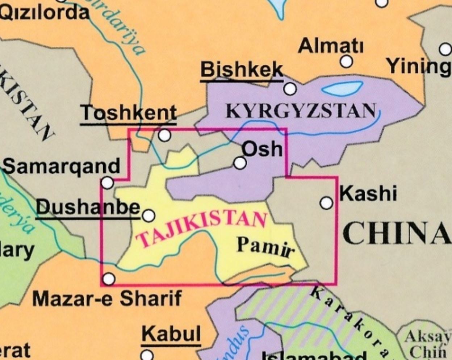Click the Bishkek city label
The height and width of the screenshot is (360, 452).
pyautogui.click(x=242, y=70)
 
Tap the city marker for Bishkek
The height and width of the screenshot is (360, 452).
pyautogui.click(x=290, y=88)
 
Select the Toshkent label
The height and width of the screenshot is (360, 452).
pyautogui.click(x=129, y=113)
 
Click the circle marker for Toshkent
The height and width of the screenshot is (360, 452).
pyautogui.click(x=164, y=135)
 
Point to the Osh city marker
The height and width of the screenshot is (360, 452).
pyautogui.click(x=240, y=163)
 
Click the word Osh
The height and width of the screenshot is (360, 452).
pyautogui.click(x=262, y=149)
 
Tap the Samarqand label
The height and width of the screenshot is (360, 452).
pyautogui.click(x=62, y=166)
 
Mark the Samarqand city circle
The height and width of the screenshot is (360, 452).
pyautogui.click(x=107, y=183)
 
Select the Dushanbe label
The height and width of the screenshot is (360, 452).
pyautogui.click(x=88, y=208)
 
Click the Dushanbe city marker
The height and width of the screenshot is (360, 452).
pyautogui.click(x=148, y=216)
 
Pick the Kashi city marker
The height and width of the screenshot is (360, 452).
pyautogui.click(x=326, y=203)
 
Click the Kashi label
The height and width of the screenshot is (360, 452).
pyautogui.click(x=368, y=193)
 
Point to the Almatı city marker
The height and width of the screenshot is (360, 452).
pyautogui.click(x=347, y=62)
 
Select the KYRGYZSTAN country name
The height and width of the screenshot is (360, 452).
pyautogui.click(x=300, y=110)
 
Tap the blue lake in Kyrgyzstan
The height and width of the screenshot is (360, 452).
pyautogui.click(x=342, y=88)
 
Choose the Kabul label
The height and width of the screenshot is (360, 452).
pyautogui.click(x=171, y=334)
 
